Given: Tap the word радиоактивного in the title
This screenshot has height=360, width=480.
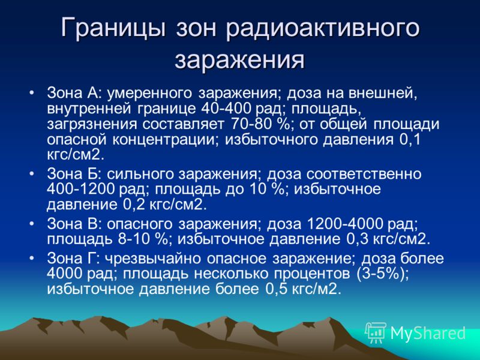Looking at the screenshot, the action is (x=323, y=29).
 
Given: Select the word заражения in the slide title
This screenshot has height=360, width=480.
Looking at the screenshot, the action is (x=239, y=59).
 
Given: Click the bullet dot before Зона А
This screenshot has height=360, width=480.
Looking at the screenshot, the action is (x=32, y=92).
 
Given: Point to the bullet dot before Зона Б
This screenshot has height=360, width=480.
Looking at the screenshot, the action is (x=32, y=173).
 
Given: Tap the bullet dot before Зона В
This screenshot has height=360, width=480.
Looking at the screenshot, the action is (x=32, y=223).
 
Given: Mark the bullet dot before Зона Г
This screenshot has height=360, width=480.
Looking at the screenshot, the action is (x=32, y=258).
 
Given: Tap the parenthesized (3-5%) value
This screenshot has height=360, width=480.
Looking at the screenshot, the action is (x=383, y=274).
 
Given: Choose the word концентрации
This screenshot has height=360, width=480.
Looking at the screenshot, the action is (x=166, y=140).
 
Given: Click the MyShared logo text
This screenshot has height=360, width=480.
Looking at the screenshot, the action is (x=428, y=333).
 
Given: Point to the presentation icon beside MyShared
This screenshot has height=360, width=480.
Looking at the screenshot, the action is (x=376, y=332).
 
